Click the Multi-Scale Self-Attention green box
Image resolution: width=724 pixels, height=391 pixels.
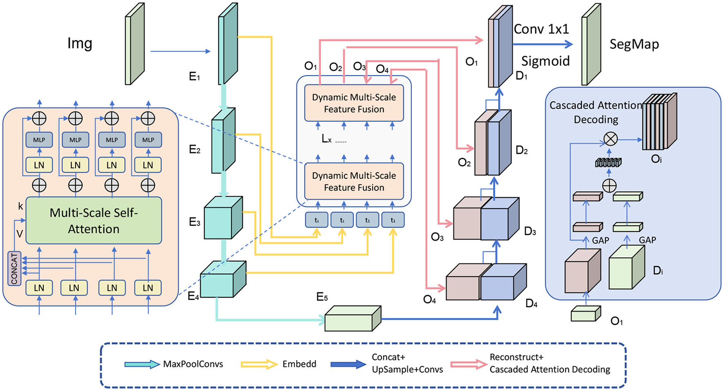(94, 220)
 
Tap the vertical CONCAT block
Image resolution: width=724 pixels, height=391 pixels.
(14, 268)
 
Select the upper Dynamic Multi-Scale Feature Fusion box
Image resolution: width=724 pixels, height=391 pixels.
(354, 103)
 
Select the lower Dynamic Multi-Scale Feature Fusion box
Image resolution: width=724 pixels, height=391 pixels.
(354, 181)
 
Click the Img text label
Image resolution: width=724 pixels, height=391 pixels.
(80, 43)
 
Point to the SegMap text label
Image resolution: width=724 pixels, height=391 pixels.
(634, 44)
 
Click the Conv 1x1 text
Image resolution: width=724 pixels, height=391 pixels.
(541, 29)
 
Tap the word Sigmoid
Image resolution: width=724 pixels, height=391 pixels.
(545, 61)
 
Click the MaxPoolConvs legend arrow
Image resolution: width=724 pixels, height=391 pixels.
(142, 364)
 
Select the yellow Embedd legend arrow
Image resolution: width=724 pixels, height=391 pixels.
(259, 364)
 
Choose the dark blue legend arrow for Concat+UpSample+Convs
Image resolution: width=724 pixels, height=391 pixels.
(348, 364)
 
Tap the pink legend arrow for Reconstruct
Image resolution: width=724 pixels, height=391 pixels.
(469, 364)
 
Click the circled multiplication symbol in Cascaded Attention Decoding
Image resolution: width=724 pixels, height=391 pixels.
(610, 139)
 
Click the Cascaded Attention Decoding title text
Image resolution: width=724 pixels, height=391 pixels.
(596, 112)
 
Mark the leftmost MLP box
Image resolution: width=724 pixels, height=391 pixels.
(39, 140)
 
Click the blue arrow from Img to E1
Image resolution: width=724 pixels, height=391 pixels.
(180, 52)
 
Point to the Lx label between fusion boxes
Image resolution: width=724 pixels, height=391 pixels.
(326, 139)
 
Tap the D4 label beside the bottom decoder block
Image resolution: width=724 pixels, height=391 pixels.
(531, 303)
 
